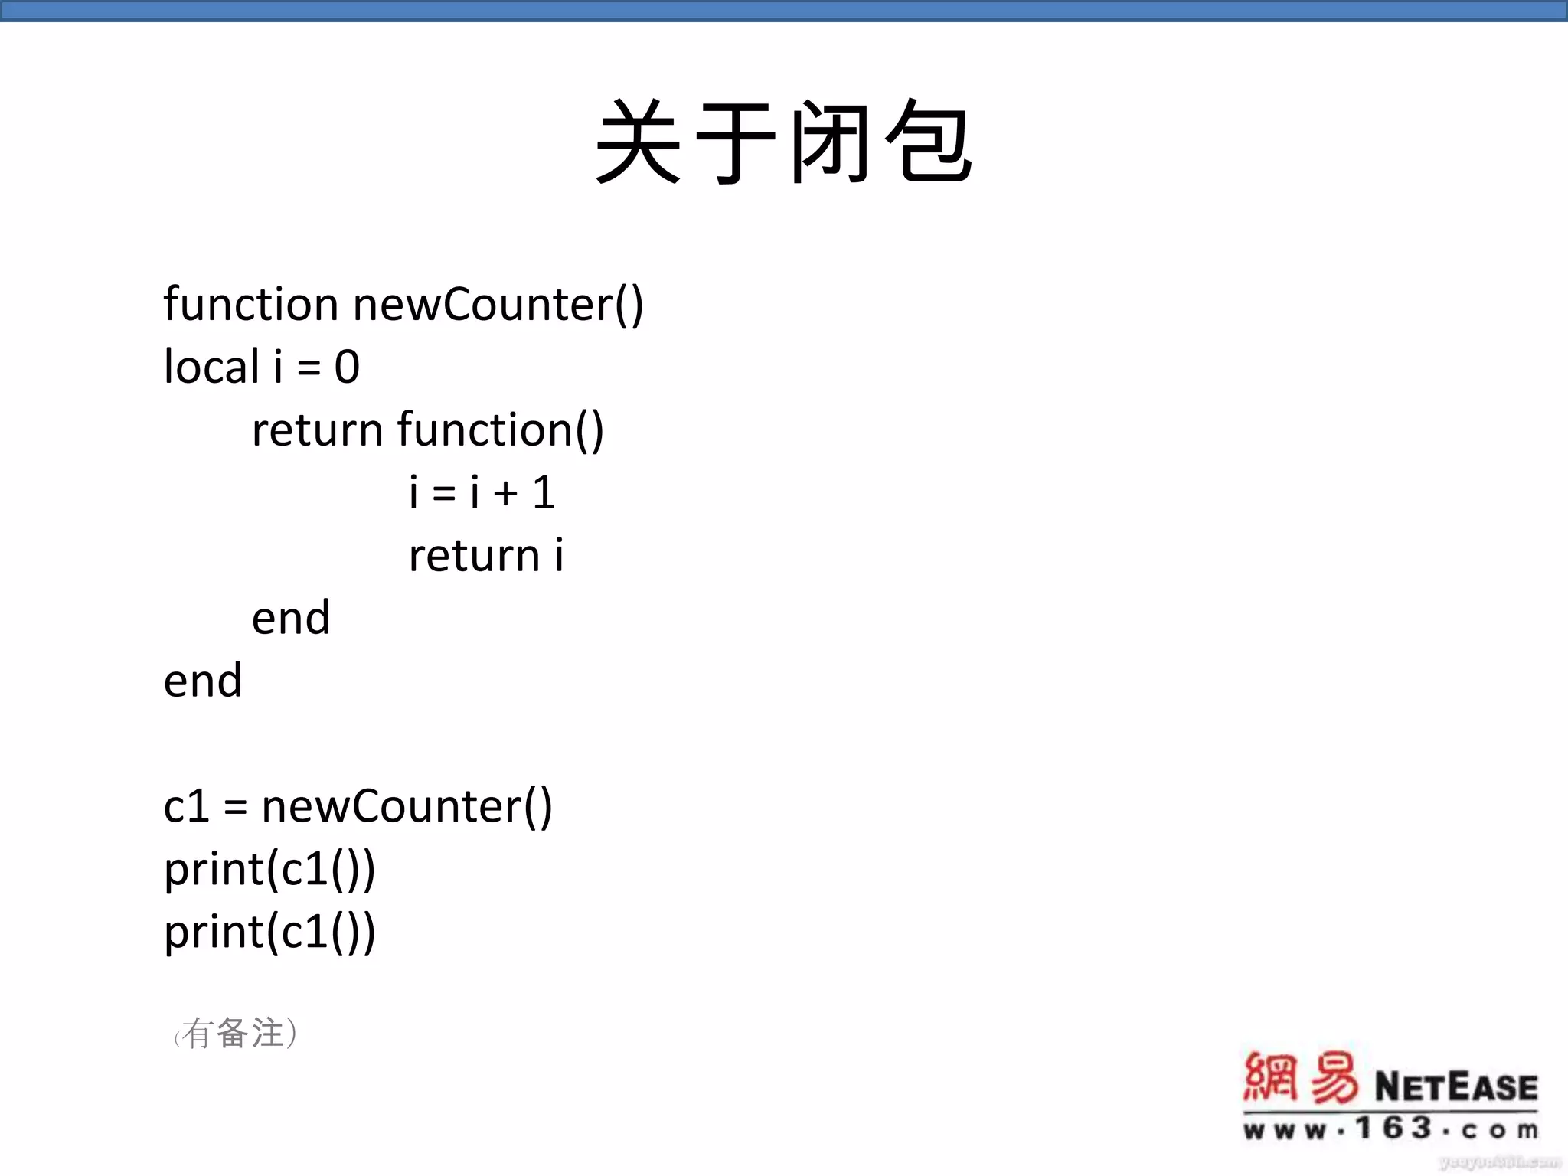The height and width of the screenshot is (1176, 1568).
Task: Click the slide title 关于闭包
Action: pyautogui.click(x=784, y=142)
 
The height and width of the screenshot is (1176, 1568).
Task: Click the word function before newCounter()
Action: pyautogui.click(x=250, y=304)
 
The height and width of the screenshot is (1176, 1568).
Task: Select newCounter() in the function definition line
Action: pyautogui.click(x=498, y=305)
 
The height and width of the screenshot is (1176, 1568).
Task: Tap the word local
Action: pyautogui.click(x=211, y=367)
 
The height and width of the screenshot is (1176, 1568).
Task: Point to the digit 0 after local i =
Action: pyautogui.click(x=347, y=367)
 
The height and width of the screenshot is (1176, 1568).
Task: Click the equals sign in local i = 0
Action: pyautogui.click(x=309, y=368)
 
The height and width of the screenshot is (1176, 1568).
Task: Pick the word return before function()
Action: pyautogui.click(x=317, y=430)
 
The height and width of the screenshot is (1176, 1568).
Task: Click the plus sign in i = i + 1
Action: pyautogui.click(x=505, y=492)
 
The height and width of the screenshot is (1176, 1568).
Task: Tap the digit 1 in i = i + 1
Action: pyautogui.click(x=544, y=492)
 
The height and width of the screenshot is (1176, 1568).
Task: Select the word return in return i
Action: pyautogui.click(x=474, y=555)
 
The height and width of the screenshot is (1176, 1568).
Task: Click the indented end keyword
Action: pyautogui.click(x=291, y=618)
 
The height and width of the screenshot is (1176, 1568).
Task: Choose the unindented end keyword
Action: pyautogui.click(x=203, y=681)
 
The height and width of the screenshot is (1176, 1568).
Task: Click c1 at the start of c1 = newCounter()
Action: pyautogui.click(x=186, y=806)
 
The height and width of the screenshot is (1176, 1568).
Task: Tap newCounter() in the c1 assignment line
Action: pyautogui.click(x=407, y=806)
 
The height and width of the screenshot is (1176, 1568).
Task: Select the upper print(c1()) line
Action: pyautogui.click(x=269, y=870)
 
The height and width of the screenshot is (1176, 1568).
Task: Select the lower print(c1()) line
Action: pyautogui.click(x=269, y=933)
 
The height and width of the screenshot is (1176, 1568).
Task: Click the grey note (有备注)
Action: pyautogui.click(x=236, y=1034)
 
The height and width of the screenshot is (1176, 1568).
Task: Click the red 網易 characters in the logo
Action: pyautogui.click(x=1300, y=1078)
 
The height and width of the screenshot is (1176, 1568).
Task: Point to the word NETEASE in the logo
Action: pyautogui.click(x=1455, y=1087)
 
